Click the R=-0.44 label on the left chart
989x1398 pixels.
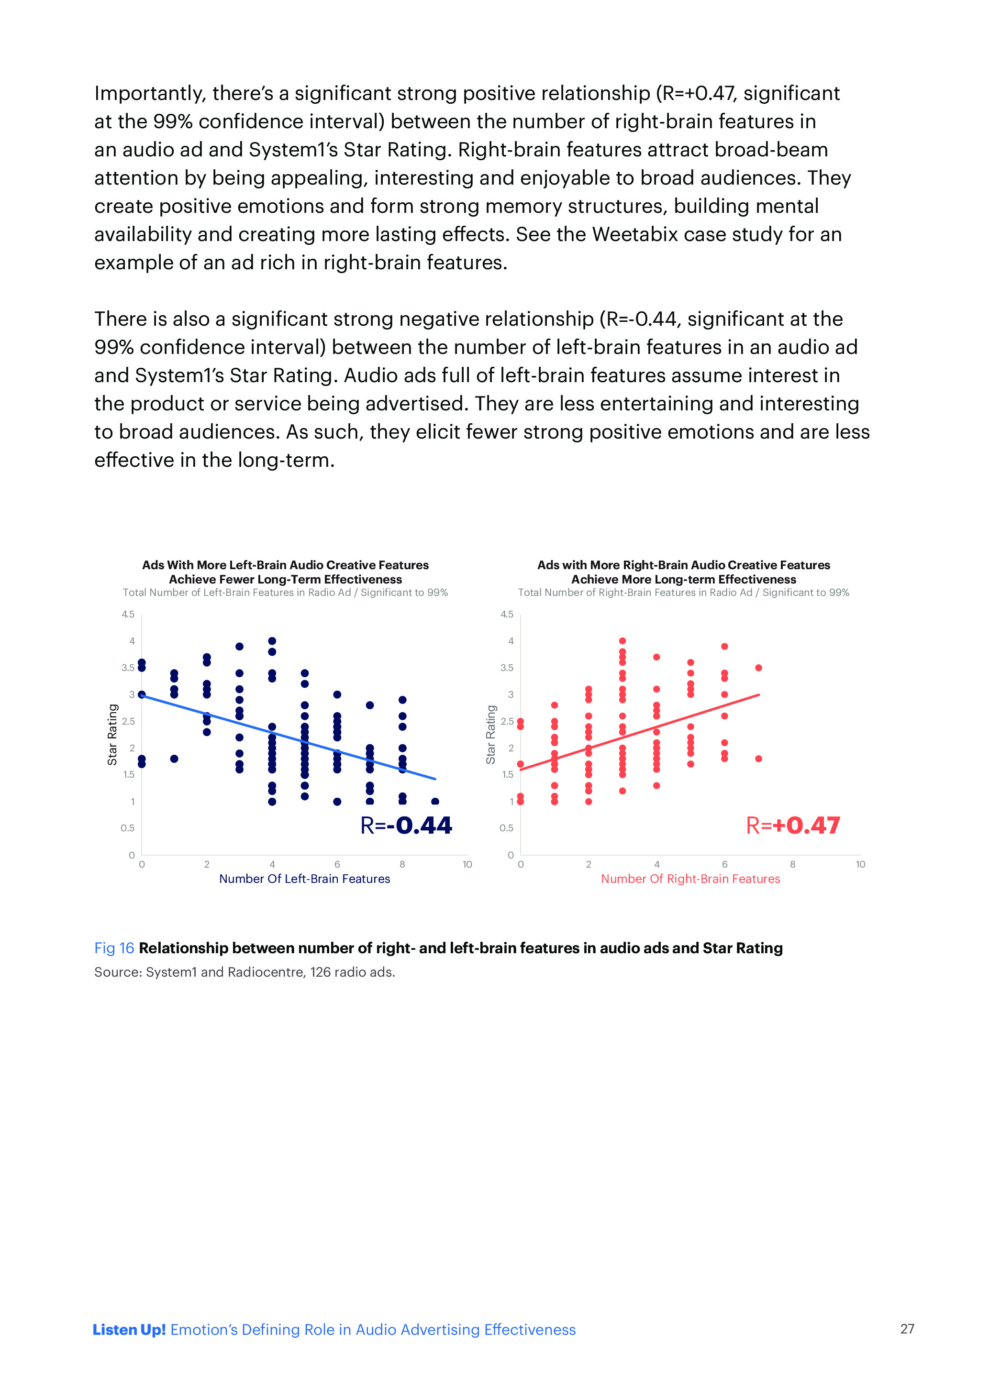(406, 826)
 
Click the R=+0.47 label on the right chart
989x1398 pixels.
(793, 826)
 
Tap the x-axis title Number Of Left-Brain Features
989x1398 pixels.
(304, 879)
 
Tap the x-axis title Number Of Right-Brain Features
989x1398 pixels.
(690, 879)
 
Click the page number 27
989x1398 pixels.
(907, 1329)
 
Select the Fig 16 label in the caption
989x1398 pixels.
(114, 948)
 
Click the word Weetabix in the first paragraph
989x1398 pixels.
(634, 234)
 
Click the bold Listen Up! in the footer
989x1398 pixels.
(129, 1330)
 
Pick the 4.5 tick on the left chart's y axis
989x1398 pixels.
(128, 615)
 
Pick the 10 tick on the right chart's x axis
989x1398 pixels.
(860, 864)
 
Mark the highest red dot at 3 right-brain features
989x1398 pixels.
(622, 641)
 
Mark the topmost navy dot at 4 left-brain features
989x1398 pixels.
(272, 641)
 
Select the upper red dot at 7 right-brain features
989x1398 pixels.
(758, 668)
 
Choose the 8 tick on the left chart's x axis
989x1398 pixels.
(402, 864)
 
